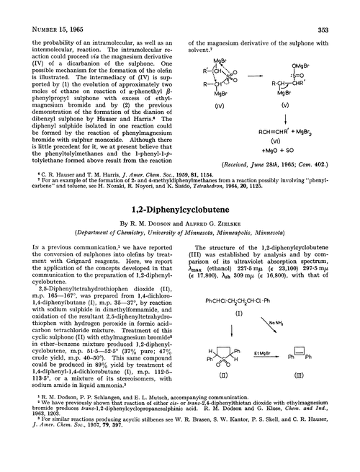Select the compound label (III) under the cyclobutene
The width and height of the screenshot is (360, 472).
310,375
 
